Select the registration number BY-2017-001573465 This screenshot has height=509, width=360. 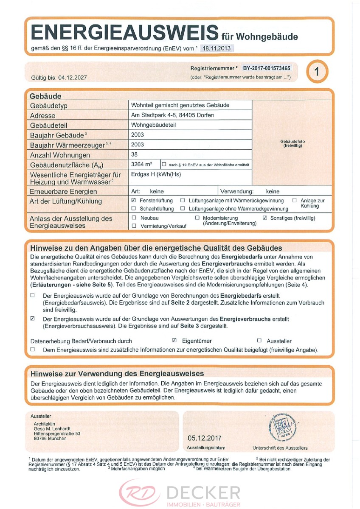pyautogui.click(x=267, y=68)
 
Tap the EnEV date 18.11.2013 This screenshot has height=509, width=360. pyautogui.click(x=217, y=48)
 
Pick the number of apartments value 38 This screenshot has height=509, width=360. pyautogui.click(x=135, y=154)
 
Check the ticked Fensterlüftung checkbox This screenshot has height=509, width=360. pyautogui.click(x=134, y=200)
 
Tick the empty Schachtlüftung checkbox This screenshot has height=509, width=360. pyautogui.click(x=134, y=208)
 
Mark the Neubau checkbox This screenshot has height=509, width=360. pyautogui.click(x=134, y=218)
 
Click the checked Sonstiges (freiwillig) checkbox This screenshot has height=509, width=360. pyautogui.click(x=265, y=218)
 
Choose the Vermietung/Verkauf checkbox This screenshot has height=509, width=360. pyautogui.click(x=134, y=226)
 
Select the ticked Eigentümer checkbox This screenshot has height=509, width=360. pyautogui.click(x=174, y=340)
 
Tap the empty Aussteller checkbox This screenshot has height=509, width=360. pyautogui.click(x=259, y=340)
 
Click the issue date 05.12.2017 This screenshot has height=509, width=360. pyautogui.click(x=204, y=438)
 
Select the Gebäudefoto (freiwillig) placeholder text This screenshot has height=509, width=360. pyautogui.click(x=292, y=143)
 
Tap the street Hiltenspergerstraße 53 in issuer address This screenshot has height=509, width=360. pyautogui.click(x=57, y=433)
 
